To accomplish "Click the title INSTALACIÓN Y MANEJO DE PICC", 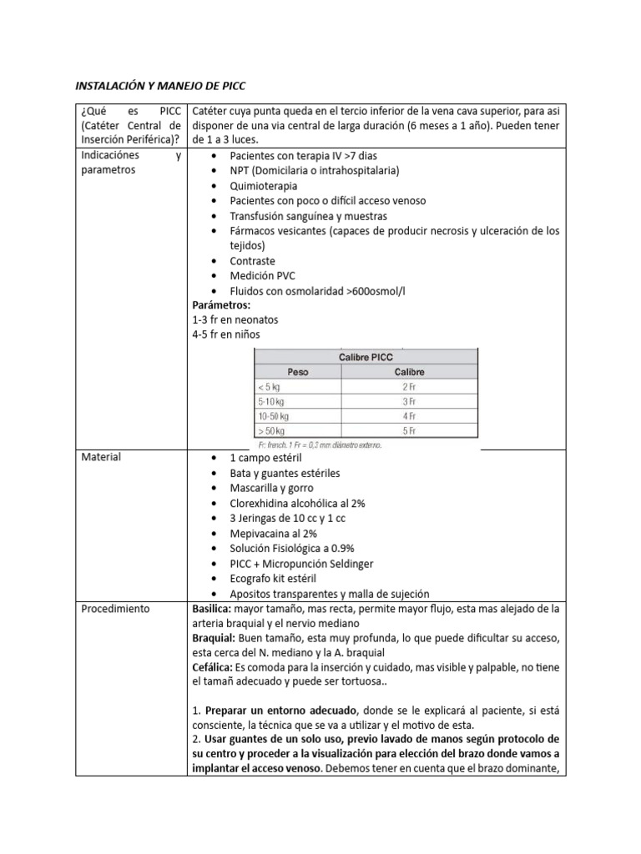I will [x=161, y=86].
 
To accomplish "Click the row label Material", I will [x=101, y=457].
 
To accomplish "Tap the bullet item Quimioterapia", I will [x=263, y=186].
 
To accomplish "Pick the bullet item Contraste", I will [x=252, y=260].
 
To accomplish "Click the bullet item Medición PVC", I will [x=262, y=275].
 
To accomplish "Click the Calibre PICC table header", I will [x=366, y=356].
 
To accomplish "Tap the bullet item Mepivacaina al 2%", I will [x=273, y=533].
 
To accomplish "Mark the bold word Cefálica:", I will [x=217, y=669].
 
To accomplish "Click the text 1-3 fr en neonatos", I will [x=235, y=320].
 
